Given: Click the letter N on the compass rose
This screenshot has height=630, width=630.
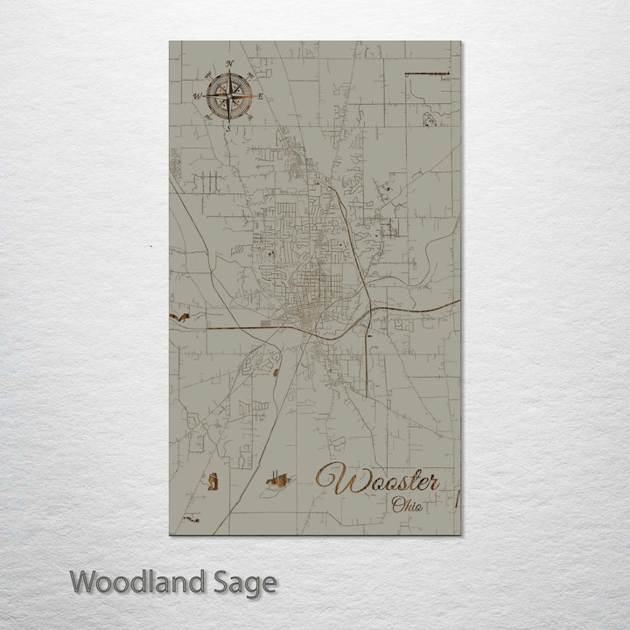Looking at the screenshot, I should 229,64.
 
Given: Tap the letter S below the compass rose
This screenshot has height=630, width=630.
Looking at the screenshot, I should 229,129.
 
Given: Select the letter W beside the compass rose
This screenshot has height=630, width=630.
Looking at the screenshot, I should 197,96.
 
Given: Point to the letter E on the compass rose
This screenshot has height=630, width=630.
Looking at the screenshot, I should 261,95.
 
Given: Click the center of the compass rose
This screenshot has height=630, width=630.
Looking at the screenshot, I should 229,95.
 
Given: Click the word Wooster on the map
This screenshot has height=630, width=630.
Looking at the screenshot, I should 378,480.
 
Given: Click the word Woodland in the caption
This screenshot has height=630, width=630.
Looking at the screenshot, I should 138,582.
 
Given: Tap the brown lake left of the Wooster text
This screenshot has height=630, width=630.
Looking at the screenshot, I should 279,479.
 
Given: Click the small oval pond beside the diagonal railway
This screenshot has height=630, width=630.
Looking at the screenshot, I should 276,374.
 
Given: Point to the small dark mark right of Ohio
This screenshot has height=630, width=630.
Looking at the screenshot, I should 458,500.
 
